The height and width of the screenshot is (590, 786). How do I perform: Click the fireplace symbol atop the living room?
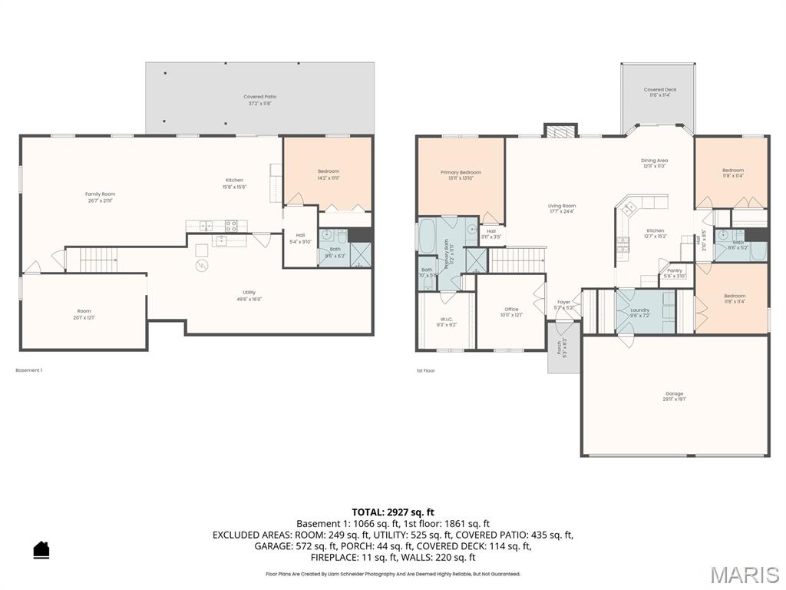click(x=560, y=131)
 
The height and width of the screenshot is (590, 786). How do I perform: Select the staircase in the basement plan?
click(x=97, y=260)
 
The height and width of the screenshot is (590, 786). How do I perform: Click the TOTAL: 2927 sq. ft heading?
click(x=393, y=512)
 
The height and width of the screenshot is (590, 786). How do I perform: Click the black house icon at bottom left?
click(x=41, y=549)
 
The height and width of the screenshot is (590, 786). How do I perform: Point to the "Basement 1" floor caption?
click(x=29, y=370)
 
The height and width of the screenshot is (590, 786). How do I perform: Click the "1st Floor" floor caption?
click(x=425, y=370)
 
